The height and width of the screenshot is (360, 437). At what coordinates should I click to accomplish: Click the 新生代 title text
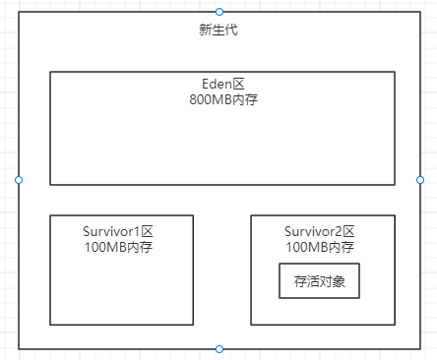pos(218,30)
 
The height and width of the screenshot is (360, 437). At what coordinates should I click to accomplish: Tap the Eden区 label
pos(222,85)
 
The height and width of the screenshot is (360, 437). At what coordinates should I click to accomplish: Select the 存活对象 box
pos(319,281)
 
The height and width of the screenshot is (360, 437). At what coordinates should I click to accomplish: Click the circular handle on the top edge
pos(219,11)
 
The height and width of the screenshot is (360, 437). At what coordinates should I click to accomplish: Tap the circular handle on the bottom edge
pos(219,349)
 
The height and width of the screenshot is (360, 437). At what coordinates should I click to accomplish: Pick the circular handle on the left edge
pos(19,180)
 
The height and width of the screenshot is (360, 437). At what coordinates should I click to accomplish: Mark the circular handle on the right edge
pos(420,180)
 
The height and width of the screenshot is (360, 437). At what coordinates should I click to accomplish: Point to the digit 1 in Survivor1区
pos(142,231)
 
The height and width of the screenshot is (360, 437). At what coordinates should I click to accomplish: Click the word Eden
pos(216,85)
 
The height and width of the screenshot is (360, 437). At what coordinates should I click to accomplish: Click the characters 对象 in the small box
pos(331,281)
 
